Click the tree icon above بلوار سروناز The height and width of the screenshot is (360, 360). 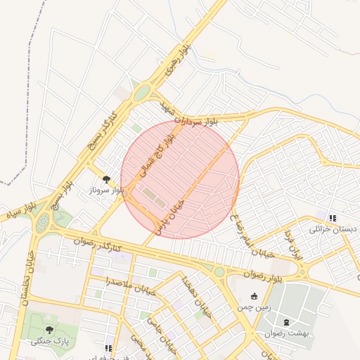106,180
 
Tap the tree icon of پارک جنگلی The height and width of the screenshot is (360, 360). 49,330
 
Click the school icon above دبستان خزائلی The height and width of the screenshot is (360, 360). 332,218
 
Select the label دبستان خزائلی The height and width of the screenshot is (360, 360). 333,229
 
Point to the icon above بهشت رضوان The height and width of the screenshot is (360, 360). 285,321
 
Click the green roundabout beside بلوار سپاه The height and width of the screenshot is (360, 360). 44,223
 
